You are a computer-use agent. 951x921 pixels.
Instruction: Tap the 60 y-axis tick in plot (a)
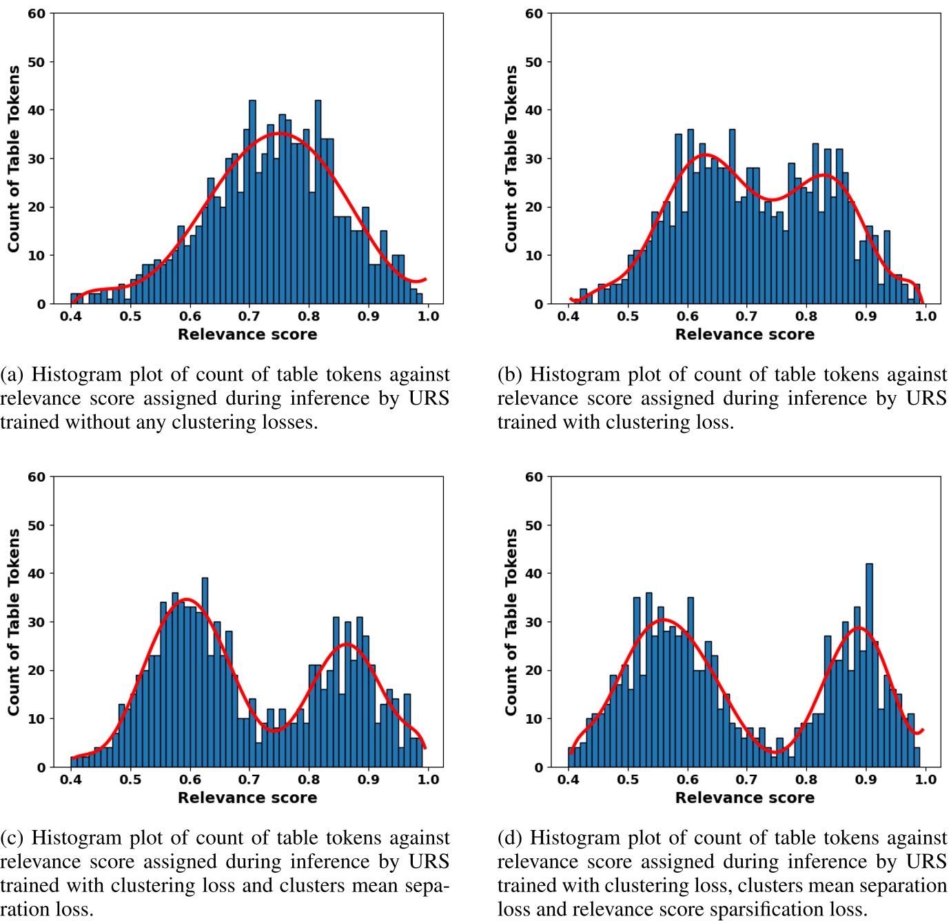tap(37, 14)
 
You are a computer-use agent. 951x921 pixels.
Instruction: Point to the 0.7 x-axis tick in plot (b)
tap(746, 316)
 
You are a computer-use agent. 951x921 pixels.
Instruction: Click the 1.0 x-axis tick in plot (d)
tap(925, 780)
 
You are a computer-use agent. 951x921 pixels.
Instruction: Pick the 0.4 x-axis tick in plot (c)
tap(70, 780)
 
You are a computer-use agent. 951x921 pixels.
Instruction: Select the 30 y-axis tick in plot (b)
tap(534, 159)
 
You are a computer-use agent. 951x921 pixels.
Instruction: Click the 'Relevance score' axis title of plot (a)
tap(247, 334)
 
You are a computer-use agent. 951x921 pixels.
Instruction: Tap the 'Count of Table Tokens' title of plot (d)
tap(511, 622)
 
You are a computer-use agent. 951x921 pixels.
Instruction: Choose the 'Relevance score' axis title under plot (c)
tap(247, 798)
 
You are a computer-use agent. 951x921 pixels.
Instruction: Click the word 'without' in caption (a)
tap(99, 422)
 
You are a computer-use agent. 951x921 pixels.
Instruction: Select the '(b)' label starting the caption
tap(509, 374)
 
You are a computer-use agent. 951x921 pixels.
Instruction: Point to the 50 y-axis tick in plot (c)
tap(37, 525)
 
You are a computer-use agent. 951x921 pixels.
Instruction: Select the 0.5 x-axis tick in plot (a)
tap(130, 316)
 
